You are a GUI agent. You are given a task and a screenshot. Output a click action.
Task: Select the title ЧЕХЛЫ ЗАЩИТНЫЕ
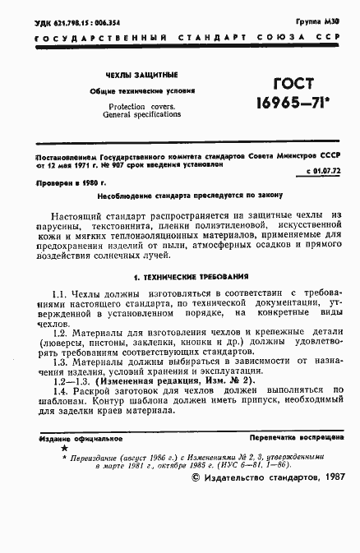click(131, 75)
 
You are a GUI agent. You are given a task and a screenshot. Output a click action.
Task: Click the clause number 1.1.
click(58, 293)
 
